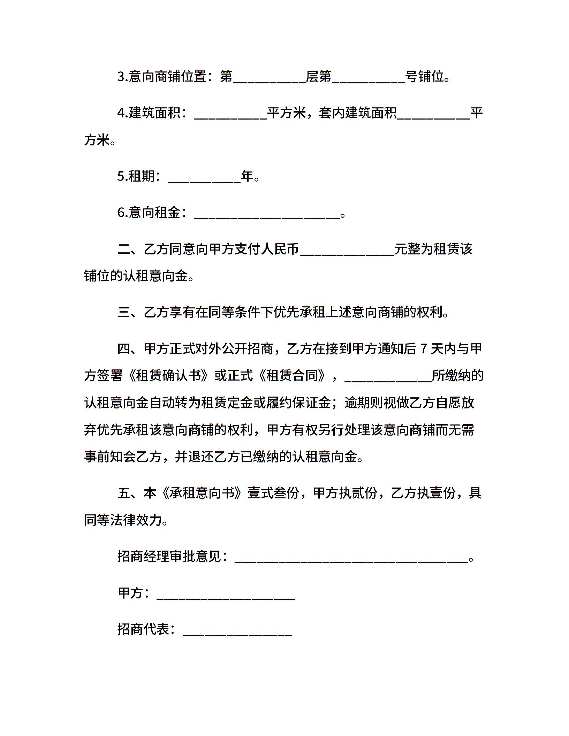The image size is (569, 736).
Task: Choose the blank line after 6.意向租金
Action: pos(267,214)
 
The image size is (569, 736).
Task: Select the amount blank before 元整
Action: pos(347,251)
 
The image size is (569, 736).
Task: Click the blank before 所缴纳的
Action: pos(388,377)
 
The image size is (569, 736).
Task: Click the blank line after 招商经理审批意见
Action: pos(351,558)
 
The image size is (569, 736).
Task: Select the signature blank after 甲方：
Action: pos(226,594)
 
